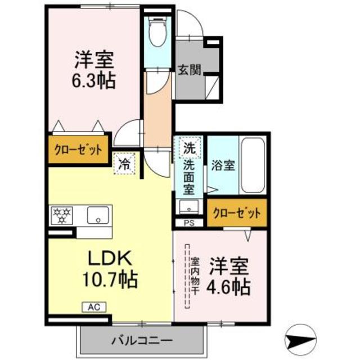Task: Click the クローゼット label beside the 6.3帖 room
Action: (78, 150)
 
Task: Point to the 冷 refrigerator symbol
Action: (125, 164)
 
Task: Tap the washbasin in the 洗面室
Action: (190, 206)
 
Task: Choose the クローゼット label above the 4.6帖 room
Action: (237, 213)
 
